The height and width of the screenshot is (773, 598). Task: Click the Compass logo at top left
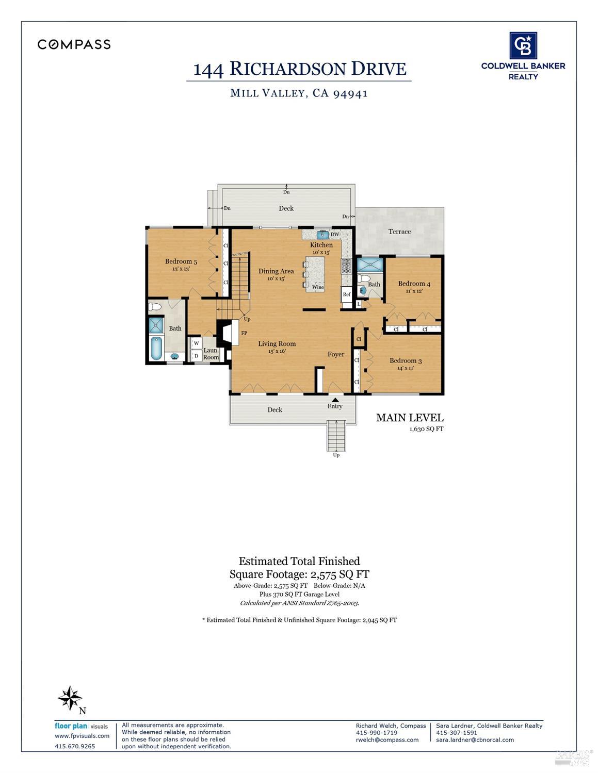pyautogui.click(x=74, y=44)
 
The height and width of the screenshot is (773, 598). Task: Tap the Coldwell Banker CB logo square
pyautogui.click(x=523, y=46)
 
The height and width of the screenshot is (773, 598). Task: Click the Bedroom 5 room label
pyautogui.click(x=181, y=261)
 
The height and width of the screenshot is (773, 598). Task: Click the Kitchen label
pyautogui.click(x=321, y=245)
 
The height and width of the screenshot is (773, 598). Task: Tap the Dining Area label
pyautogui.click(x=276, y=271)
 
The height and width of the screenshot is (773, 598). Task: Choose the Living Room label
pyautogui.click(x=277, y=344)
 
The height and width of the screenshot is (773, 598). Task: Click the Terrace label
pyautogui.click(x=399, y=232)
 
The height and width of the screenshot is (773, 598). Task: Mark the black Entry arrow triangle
pyautogui.click(x=335, y=400)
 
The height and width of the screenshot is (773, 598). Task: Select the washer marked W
pyautogui.click(x=196, y=343)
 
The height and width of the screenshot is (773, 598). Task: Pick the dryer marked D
pyautogui.click(x=196, y=355)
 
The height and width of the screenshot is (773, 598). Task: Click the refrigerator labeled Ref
pyautogui.click(x=347, y=294)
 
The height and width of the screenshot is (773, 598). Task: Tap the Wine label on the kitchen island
pyautogui.click(x=318, y=287)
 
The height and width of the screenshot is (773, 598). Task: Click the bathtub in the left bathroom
pyautogui.click(x=156, y=348)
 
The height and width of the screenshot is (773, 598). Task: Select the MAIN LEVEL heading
pyautogui.click(x=410, y=418)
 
